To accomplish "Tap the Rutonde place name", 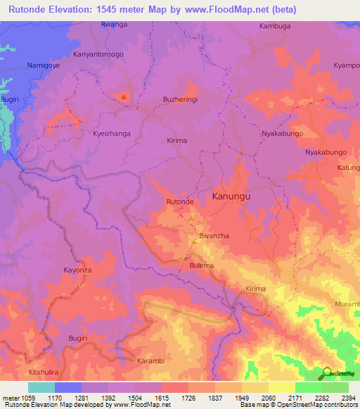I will [x=179, y=202].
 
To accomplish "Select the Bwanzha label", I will [x=213, y=237].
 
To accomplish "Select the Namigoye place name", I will [x=44, y=65].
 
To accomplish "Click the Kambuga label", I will [x=275, y=26].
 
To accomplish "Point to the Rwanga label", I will [x=114, y=25].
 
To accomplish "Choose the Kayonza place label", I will [x=79, y=270].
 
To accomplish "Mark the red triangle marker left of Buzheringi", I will [x=124, y=97].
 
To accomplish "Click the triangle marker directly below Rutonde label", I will [x=191, y=218].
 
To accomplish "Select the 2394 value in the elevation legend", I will [x=348, y=397].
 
